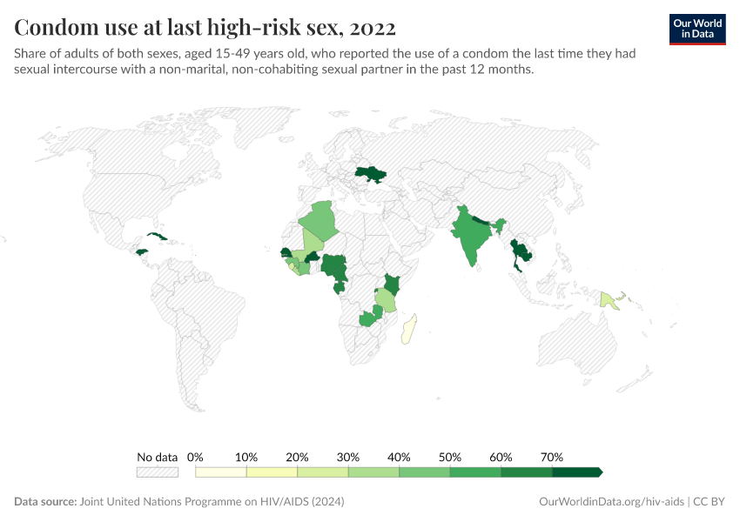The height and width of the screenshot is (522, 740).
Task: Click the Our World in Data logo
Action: point(697,29)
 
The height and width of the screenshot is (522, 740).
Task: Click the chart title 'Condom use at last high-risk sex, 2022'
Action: point(205,28)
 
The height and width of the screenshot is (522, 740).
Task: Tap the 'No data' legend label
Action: point(157,457)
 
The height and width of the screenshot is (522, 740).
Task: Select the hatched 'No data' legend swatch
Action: point(157,472)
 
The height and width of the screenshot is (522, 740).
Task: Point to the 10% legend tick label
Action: point(246,457)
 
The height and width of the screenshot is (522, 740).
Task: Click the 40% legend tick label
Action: point(399,457)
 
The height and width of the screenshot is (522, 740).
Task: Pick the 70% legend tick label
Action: point(552,457)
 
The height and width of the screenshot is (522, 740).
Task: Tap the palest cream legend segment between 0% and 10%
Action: point(221,472)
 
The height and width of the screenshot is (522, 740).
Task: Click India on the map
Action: point(471,235)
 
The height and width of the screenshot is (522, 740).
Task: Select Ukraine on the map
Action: point(370,175)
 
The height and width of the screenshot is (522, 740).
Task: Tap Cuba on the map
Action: point(157,237)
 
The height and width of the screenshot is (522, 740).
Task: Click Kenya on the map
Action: point(392,284)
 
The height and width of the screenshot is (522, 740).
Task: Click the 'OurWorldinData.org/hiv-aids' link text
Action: point(610,502)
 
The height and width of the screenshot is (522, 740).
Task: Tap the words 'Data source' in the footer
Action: point(44,502)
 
